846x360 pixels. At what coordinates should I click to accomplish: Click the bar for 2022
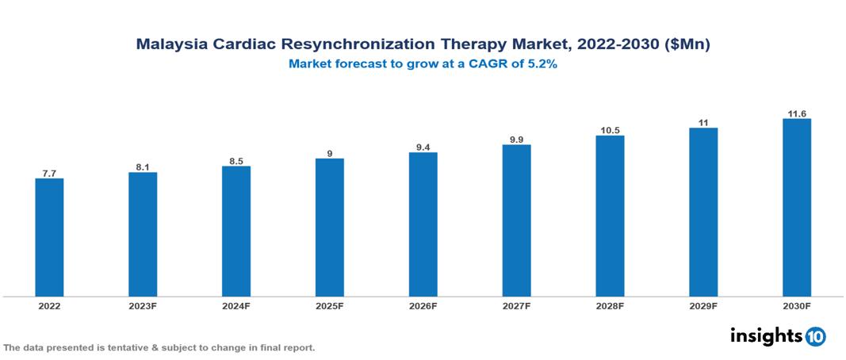coord(49,237)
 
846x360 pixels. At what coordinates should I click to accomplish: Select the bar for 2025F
coord(329,227)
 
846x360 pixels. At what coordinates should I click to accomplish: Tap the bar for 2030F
coord(796,207)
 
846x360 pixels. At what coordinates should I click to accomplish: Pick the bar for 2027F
coord(516,220)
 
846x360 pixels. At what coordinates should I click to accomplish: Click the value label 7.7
coord(49,171)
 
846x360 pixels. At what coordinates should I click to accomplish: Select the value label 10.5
coord(610,128)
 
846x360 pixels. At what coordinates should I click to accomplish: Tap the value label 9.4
coord(423,145)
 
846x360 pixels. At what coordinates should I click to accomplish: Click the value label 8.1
coord(143,166)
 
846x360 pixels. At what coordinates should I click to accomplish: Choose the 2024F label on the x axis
coord(236,305)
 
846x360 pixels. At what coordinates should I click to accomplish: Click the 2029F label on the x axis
coord(703,305)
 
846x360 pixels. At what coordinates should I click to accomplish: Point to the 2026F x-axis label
coord(423,305)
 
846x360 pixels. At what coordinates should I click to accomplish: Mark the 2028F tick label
coord(610,305)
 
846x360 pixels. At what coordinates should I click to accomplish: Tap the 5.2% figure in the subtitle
coord(542,64)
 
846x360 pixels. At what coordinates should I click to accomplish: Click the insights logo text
coord(765,335)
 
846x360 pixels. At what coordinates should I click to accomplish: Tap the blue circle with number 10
coord(815,336)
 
